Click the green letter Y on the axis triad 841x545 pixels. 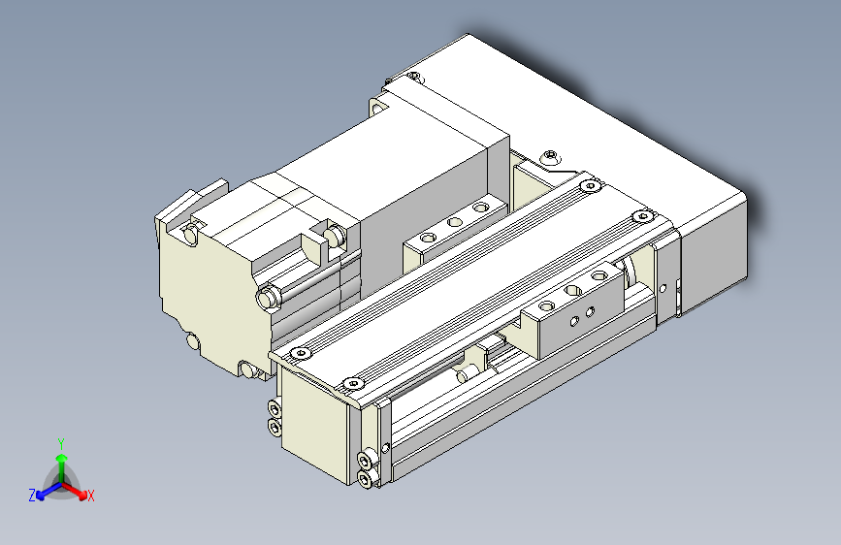61,442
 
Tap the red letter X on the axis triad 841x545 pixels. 91,497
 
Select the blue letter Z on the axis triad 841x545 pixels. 32,496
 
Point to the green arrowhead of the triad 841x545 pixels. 61,457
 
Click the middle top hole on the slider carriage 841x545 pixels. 573,289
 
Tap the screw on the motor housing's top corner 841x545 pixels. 414,77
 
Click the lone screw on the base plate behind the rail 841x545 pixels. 552,154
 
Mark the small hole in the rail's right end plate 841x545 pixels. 662,288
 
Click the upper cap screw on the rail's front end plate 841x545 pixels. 365,460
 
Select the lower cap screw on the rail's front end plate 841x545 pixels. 365,478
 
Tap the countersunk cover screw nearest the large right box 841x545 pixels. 638,215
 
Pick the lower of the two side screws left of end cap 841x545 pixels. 274,427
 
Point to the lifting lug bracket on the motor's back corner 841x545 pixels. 188,208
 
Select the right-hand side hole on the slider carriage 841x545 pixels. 589,312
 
